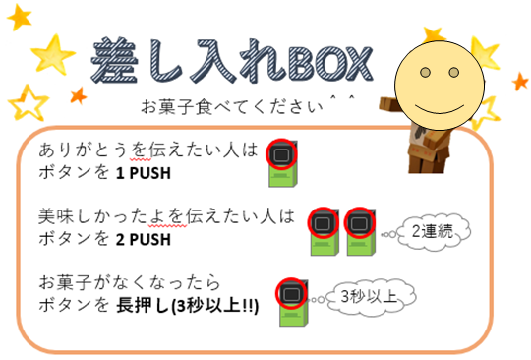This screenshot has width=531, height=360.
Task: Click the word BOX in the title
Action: tap(329, 64)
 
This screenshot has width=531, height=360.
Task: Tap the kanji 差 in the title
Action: tap(115, 60)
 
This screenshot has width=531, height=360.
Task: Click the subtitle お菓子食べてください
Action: tap(232, 107)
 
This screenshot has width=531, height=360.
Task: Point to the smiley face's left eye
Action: tap(425, 72)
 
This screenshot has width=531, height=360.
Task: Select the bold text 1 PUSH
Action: tap(144, 173)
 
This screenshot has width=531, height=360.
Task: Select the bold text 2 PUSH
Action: tap(144, 240)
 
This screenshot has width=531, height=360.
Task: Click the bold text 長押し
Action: tap(143, 306)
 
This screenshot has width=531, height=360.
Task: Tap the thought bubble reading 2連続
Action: tap(434, 232)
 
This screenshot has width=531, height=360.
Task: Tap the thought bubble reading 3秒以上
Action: tap(371, 297)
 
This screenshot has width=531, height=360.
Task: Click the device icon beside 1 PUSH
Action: tap(282, 163)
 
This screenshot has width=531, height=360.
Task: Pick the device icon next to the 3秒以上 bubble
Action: tap(292, 302)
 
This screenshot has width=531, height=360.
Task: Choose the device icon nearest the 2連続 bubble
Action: tap(360, 232)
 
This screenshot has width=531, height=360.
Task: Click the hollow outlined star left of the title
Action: tap(29, 103)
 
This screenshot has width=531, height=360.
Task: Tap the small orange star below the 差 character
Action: tap(79, 95)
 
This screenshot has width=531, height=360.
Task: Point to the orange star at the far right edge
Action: tap(520, 82)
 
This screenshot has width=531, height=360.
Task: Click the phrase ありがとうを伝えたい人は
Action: tap(148, 150)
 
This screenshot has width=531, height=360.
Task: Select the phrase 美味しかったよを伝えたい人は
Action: tap(166, 216)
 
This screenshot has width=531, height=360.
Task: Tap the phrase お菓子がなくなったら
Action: tap(130, 282)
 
